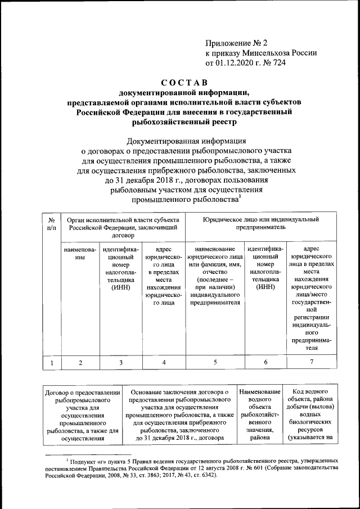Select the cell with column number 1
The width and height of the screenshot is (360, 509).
click(51, 363)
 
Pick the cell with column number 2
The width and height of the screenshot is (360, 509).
click(80, 363)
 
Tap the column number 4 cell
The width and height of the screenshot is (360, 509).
click(164, 363)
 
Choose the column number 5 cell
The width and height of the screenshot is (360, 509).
click(215, 363)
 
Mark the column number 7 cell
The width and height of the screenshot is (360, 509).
click(311, 363)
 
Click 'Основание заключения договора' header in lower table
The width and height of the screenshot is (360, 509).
click(179, 391)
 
